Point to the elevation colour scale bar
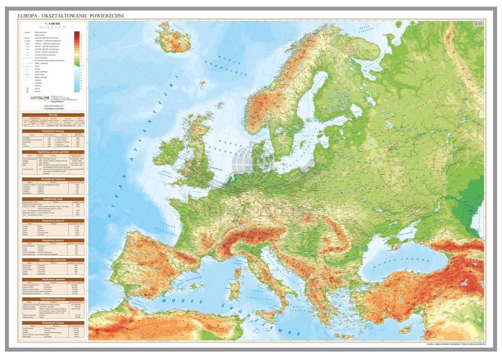pos(76,61)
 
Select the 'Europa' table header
pos(53,114)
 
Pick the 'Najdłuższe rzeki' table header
pos(53,199)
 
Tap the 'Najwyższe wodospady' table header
pos(53,260)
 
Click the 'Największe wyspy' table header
pos(53,323)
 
